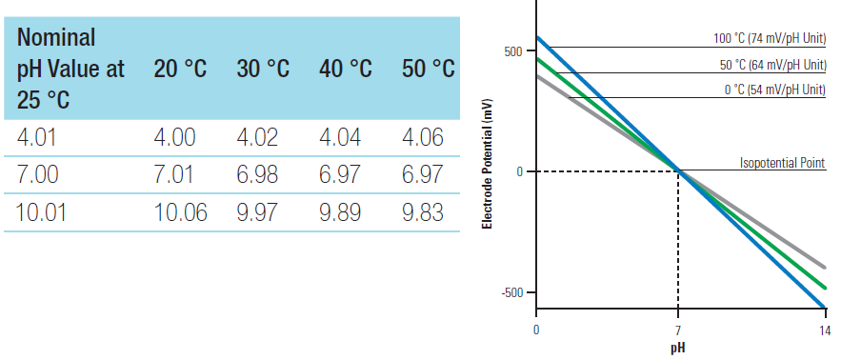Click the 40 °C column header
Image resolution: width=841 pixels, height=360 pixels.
point(346,69)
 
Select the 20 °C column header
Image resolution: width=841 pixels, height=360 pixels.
point(180,69)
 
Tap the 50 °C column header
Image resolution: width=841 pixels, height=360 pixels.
point(428,69)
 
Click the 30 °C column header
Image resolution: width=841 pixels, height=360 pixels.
point(263,69)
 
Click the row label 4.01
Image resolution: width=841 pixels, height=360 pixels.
point(36,137)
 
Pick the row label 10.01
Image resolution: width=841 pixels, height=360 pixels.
point(42,212)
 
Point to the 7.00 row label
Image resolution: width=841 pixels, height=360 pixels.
point(37,175)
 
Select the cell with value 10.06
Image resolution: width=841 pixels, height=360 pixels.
point(180,212)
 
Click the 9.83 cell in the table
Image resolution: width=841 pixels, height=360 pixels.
point(423,212)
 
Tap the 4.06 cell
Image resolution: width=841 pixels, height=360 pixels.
point(423,137)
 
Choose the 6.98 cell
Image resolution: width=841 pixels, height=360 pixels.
point(257,175)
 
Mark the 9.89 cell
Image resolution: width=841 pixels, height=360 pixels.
point(340,212)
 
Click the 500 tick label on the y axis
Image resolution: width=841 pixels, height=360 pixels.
point(512,51)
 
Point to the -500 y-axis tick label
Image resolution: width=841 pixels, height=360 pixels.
point(511,292)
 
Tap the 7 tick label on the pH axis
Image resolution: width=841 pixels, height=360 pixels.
point(678,330)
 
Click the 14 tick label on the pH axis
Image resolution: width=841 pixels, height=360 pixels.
point(825,330)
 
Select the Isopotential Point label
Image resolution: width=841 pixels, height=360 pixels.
point(783,163)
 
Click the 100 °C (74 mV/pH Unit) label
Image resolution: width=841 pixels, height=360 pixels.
point(770,39)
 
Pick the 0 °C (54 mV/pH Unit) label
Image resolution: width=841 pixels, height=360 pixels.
point(775,90)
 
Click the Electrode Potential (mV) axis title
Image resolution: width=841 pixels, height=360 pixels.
point(487,164)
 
